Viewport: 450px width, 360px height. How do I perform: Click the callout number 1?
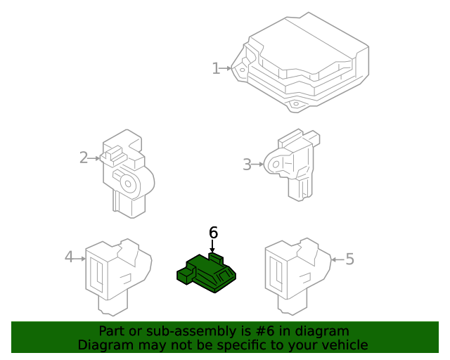pos(216,68)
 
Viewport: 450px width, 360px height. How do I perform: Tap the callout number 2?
pos(84,157)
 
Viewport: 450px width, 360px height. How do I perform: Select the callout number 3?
pos(247,165)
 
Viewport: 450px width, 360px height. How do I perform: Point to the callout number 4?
pos(69,257)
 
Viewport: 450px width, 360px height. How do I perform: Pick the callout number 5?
pos(349,259)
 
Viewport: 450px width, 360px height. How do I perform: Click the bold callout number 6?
pos(213,232)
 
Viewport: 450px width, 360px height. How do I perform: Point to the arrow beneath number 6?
pos(212,247)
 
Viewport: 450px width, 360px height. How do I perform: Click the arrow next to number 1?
pos(228,68)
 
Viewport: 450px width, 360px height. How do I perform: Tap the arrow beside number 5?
pos(336,259)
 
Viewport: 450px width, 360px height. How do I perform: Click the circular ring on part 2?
pos(129,184)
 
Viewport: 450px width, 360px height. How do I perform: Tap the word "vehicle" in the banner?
pos(344,345)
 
